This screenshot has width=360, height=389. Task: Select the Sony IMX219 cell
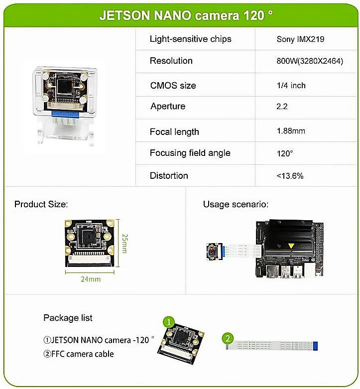click(x=300, y=39)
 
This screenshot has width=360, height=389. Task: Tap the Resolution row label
click(x=171, y=61)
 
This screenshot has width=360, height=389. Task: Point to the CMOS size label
click(x=173, y=86)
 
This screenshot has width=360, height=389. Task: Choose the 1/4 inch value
click(x=291, y=86)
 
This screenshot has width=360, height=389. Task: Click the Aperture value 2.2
click(x=282, y=107)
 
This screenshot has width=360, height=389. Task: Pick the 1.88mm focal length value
click(x=291, y=131)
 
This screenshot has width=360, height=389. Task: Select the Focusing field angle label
click(x=190, y=153)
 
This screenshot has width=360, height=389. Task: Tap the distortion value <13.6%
click(x=290, y=176)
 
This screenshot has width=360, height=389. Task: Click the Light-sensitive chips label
click(x=190, y=39)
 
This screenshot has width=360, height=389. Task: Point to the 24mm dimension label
click(x=91, y=279)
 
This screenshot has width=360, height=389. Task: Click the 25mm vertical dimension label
click(x=124, y=244)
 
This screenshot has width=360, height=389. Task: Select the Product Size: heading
click(x=41, y=204)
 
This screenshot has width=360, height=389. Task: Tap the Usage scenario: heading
click(x=236, y=204)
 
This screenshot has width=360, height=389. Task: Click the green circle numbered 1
click(x=169, y=322)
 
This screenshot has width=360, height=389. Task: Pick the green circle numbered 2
click(x=228, y=339)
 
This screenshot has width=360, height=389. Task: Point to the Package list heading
click(x=68, y=318)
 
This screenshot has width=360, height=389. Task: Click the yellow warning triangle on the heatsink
click(x=289, y=246)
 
